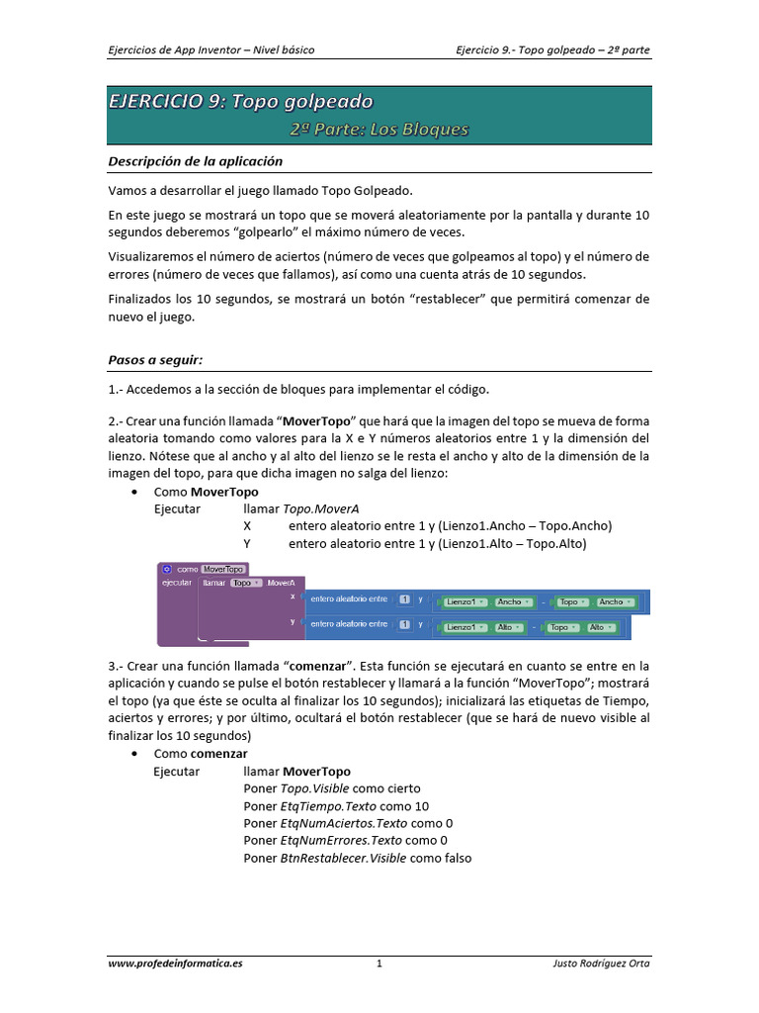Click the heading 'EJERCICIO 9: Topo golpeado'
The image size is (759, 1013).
[x=240, y=101]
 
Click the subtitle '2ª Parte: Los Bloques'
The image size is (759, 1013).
[x=379, y=130]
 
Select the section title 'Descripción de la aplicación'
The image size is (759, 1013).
[x=195, y=161]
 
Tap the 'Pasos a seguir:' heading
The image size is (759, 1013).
[x=154, y=360]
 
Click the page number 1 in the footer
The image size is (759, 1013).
[x=379, y=964]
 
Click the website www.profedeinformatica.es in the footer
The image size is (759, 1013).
[x=175, y=964]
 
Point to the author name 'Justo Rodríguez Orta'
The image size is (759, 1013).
[x=601, y=964]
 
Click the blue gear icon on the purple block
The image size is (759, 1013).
[x=167, y=570]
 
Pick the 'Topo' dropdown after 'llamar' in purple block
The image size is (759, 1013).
[x=244, y=584]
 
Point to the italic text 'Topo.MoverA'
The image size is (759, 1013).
[x=316, y=508]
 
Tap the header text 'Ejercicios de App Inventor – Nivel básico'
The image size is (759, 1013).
[x=211, y=49]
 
